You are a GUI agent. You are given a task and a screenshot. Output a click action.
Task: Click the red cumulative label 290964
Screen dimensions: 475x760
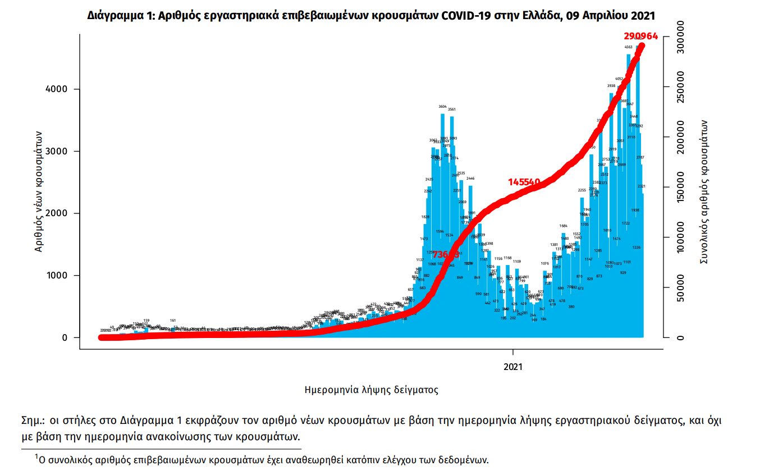[641, 36]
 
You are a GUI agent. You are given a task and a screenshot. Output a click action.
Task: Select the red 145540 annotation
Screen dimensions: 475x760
[524, 182]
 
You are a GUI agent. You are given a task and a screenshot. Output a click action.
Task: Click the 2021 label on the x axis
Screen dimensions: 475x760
[513, 367]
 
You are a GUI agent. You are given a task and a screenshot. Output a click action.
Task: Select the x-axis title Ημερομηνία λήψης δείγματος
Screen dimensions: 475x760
[371, 389]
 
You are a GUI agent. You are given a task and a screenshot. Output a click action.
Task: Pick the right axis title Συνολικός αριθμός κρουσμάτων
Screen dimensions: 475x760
[703, 191]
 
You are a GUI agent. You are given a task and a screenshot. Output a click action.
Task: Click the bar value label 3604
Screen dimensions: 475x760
[443, 107]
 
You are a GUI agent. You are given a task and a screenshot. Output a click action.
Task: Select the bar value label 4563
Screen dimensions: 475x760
[629, 47]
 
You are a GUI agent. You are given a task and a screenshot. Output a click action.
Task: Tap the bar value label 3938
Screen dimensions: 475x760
[611, 86]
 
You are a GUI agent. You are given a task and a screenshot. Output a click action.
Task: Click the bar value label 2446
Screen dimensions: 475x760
[470, 179]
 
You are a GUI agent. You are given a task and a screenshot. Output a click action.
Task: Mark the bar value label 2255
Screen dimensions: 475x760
[582, 190]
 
